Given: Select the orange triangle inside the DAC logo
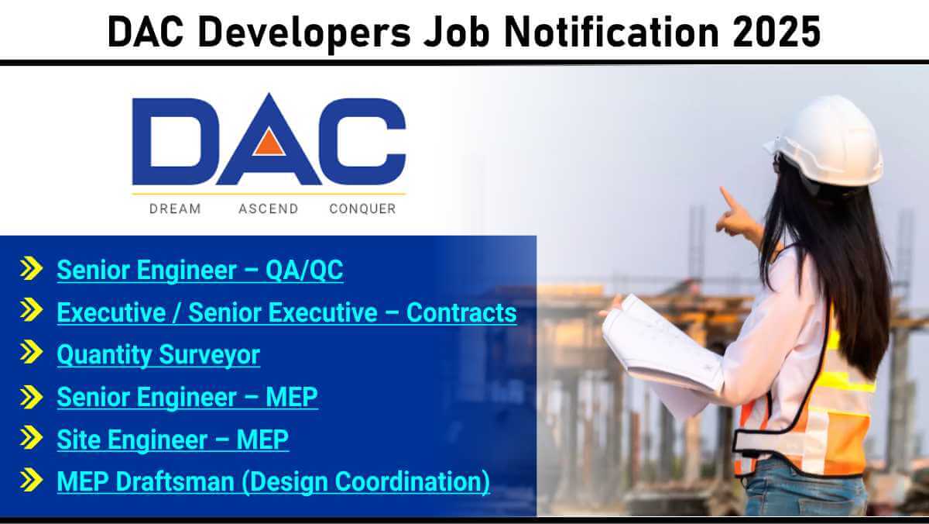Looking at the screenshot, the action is tap(269, 142).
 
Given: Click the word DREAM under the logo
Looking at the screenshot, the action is tap(175, 209).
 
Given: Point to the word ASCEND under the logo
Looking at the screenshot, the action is tap(269, 209).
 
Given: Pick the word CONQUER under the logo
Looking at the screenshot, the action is tap(363, 209).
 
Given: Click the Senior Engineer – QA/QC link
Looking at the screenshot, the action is tap(200, 271).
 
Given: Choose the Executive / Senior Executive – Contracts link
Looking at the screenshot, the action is tap(287, 312).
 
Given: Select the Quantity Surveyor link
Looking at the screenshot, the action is tap(159, 355).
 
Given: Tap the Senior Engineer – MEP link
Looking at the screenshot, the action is tap(187, 398).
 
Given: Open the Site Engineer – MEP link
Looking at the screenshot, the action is tap(173, 440).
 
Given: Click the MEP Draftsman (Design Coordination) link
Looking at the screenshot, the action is tap(273, 482).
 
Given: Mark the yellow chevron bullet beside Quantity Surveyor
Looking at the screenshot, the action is tap(32, 352).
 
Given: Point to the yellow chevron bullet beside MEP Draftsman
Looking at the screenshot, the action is tap(32, 480).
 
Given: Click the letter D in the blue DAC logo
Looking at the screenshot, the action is tap(176, 142).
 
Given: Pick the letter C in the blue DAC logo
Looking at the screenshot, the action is tap(362, 142).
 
